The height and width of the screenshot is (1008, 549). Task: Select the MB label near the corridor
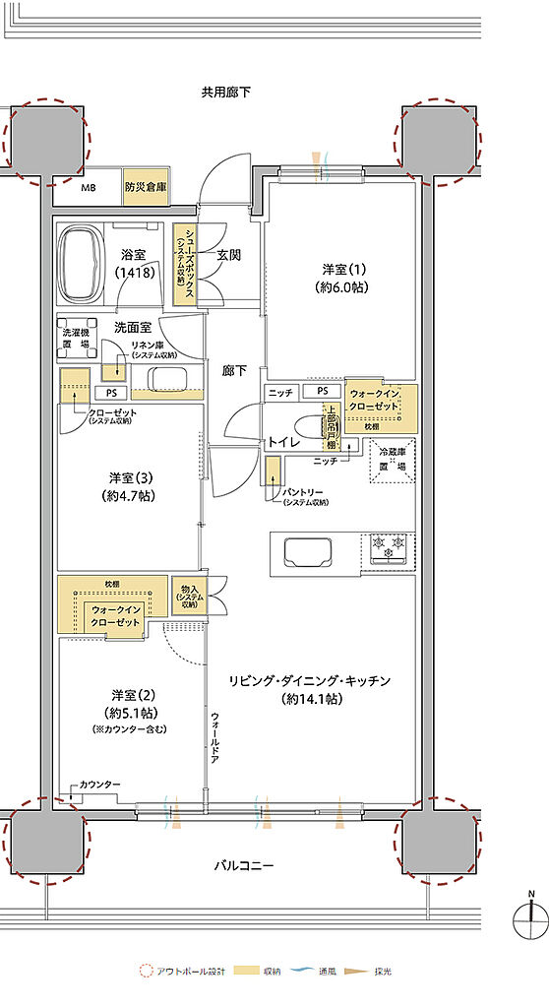coord(89,187)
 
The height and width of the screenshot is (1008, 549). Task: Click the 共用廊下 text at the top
coord(226,93)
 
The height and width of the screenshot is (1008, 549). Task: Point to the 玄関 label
coord(229,255)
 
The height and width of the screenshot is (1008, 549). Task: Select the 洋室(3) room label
coord(129,486)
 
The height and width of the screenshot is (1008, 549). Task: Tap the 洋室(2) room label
coord(129,701)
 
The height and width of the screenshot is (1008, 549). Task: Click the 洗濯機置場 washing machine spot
coord(76,340)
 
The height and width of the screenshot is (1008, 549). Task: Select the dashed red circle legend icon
coord(147,971)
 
